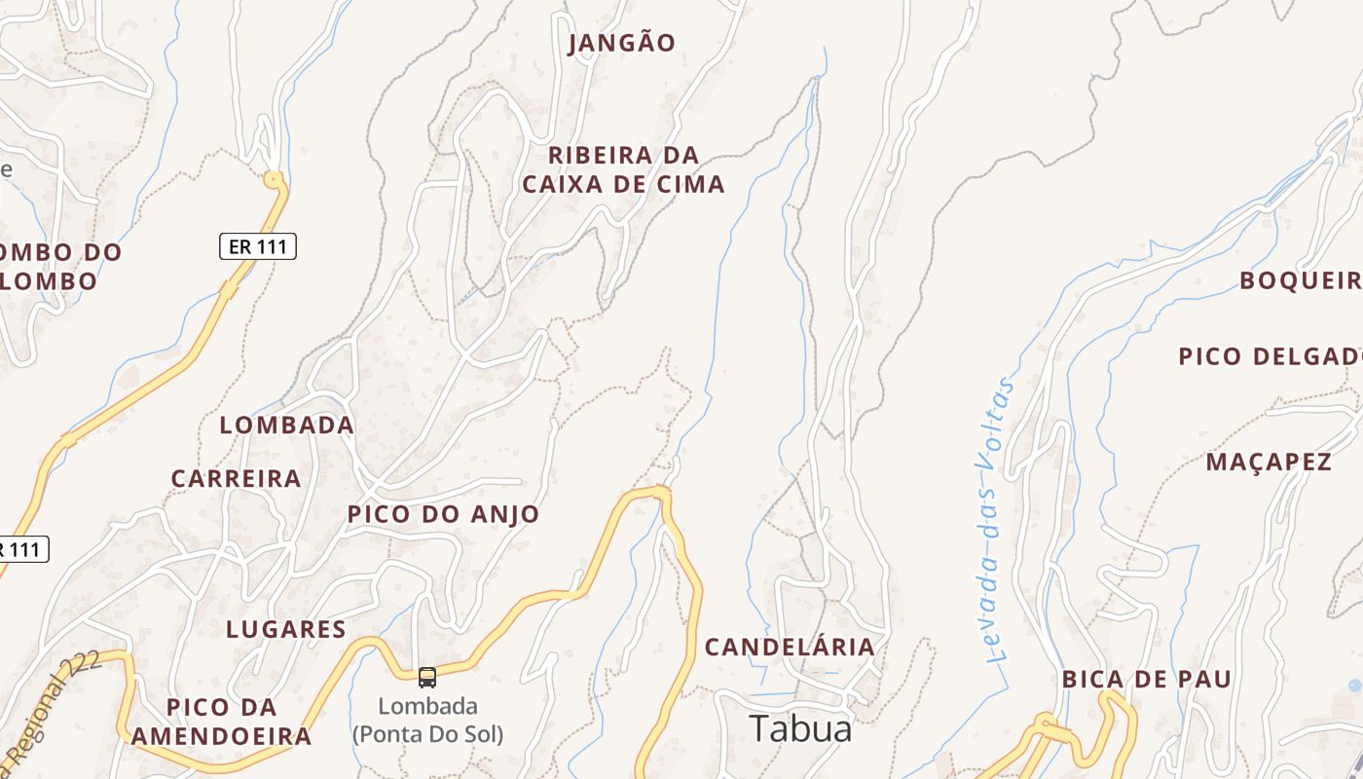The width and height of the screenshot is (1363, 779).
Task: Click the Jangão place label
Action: point(621,43)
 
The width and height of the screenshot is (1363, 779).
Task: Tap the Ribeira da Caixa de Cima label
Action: point(624,169)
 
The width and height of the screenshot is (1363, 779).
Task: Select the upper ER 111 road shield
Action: point(257,246)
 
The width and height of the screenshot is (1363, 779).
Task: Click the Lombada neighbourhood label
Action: point(286,426)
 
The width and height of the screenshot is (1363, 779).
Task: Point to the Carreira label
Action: point(236,479)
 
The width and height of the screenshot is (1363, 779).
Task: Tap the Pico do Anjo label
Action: point(443,514)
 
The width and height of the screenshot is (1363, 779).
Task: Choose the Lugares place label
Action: point(286,629)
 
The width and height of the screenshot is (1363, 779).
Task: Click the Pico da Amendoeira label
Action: point(221,722)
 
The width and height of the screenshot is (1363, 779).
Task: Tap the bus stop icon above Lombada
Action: point(426,677)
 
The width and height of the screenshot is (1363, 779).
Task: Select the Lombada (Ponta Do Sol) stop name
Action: point(427,720)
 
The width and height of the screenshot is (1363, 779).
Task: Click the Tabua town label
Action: point(800,728)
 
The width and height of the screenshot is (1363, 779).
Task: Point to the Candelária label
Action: point(790,647)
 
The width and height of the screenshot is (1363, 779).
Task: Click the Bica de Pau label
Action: point(1146,679)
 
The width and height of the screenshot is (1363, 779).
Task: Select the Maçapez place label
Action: point(1269,462)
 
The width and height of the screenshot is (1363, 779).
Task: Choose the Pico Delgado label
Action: point(1270,356)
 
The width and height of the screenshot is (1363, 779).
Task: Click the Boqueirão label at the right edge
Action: point(1300,280)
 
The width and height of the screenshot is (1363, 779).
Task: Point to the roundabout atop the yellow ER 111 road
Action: point(274,179)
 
